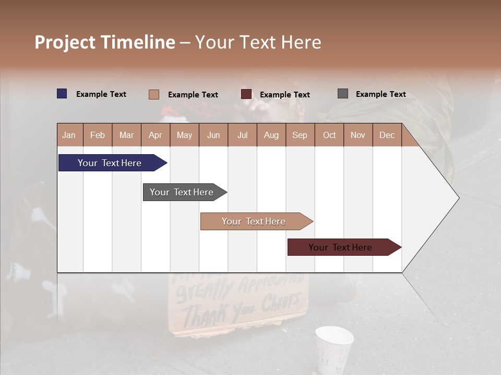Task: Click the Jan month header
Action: point(69,135)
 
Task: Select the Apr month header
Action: point(155,135)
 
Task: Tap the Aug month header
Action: point(271,135)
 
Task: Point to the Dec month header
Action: point(387,135)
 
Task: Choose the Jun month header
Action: point(213,135)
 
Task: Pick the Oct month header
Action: point(329,135)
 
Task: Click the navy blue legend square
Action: point(62,94)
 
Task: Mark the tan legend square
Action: point(153,94)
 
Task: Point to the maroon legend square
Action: point(246,94)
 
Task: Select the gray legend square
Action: point(342,94)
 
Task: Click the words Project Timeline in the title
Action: point(104,42)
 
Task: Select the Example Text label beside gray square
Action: point(380,94)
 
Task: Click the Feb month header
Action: point(98,135)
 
